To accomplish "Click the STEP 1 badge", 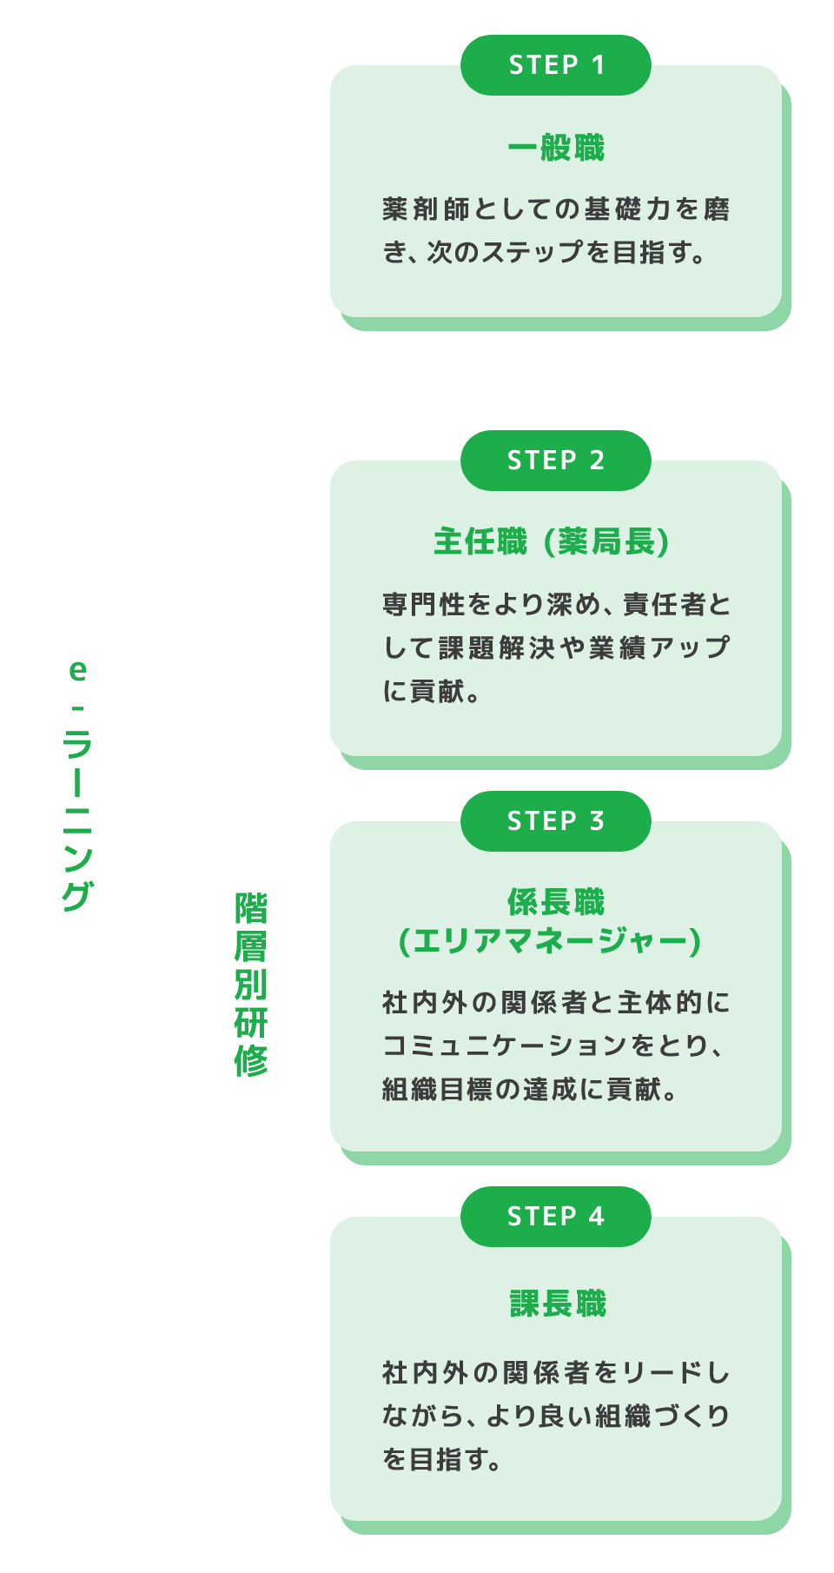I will tap(556, 65).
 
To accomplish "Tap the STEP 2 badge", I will tap(556, 461).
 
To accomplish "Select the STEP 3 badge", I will tap(556, 821).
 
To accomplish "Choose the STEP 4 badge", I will tap(556, 1217).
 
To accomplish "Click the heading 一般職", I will tap(556, 149).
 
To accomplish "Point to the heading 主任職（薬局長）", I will tap(553, 542).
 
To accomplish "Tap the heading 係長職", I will tap(556, 903).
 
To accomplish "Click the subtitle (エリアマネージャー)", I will tap(550, 941).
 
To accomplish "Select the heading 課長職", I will tap(558, 1304).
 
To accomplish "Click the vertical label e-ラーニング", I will tap(77, 786).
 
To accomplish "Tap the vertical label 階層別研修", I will tap(251, 984).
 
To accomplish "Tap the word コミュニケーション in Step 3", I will tap(504, 1045).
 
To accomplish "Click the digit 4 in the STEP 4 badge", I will tap(596, 1217).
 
